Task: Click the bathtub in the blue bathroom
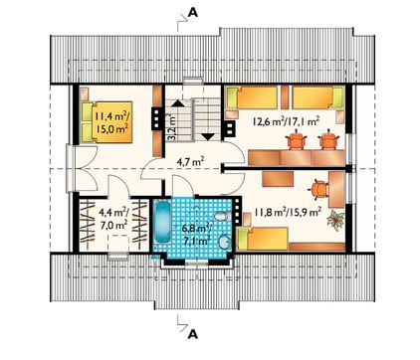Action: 163,224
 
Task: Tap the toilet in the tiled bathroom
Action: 223,216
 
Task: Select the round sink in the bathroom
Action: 225,242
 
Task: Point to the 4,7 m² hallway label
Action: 193,162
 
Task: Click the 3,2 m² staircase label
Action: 171,127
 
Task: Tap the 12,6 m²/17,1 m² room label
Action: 286,121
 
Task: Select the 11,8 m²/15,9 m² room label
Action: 288,212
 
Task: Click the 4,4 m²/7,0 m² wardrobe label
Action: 113,218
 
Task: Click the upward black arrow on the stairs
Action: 177,102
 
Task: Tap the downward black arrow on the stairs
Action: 208,136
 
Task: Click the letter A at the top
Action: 193,12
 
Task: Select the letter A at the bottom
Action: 193,334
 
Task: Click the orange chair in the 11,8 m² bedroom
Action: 319,189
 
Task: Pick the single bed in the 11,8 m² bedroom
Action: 263,239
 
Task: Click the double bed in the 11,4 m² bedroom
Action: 105,122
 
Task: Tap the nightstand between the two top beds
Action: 285,97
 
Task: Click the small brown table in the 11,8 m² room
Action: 278,179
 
